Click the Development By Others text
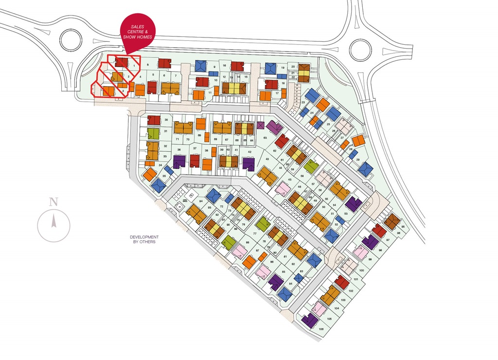tap(144, 239)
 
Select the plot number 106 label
tap(321, 329)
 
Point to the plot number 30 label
tap(166, 120)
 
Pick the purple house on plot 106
tap(309, 321)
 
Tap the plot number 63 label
tap(265, 138)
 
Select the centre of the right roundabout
tap(360, 49)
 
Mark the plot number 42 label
tap(250, 152)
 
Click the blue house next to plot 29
tap(365, 169)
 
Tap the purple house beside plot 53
tap(354, 203)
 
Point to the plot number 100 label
tap(361, 270)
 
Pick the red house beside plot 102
tap(342, 282)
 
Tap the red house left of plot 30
tap(154, 120)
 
